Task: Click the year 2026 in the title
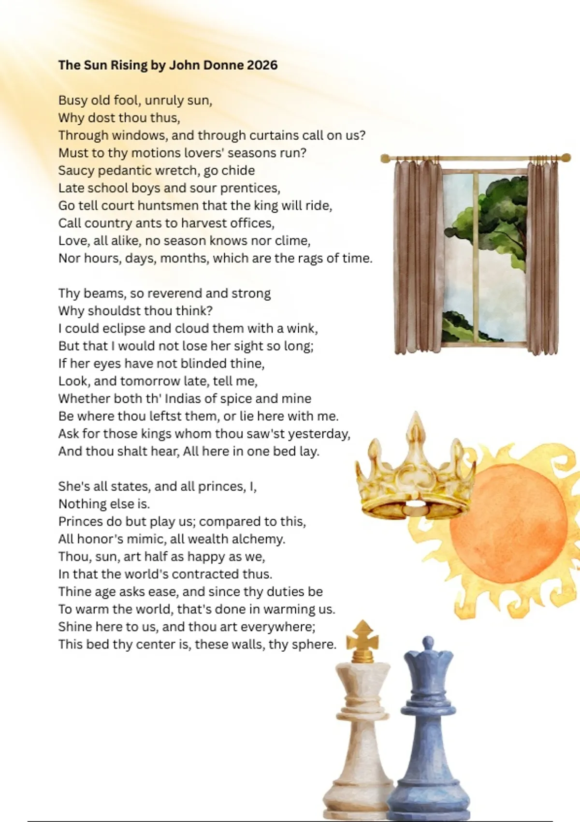[262, 65]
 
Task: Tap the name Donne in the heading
[226, 65]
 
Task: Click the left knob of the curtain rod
[385, 158]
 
